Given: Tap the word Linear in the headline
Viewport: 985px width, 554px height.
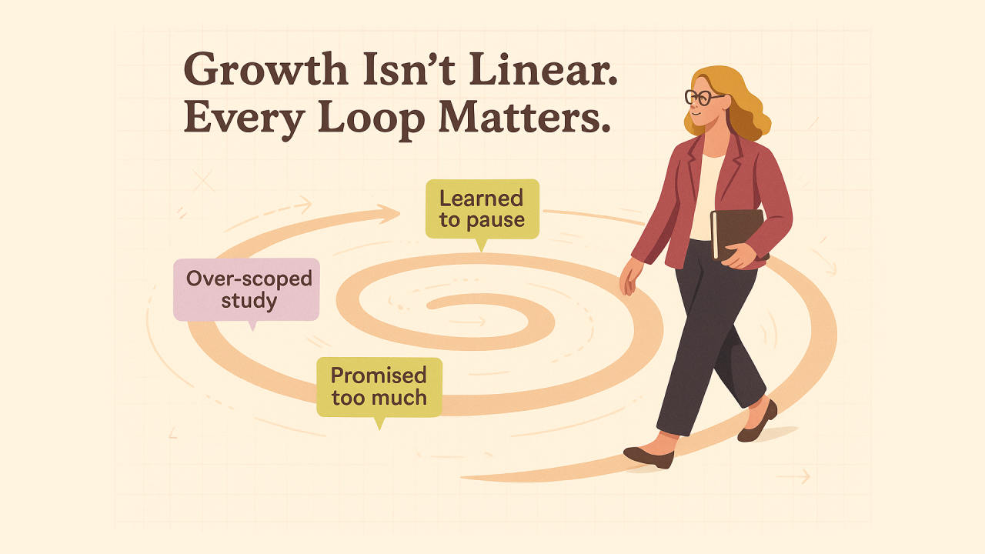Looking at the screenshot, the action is (543, 69).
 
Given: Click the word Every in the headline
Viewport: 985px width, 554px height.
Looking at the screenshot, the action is (244, 118).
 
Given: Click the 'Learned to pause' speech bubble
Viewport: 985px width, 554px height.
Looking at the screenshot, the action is (482, 211).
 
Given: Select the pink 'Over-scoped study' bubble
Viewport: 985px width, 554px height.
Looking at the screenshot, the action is (246, 291).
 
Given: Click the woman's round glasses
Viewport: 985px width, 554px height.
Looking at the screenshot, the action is (703, 97).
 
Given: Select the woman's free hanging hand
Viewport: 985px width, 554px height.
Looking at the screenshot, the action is (629, 277).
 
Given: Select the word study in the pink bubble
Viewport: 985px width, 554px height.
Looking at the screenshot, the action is (249, 302).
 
